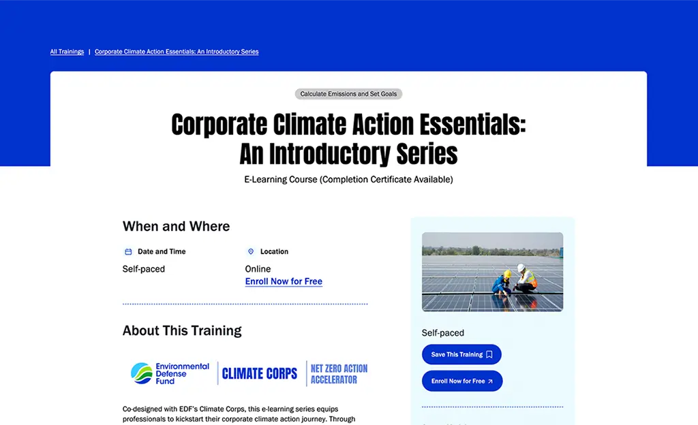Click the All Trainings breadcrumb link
coord(67,52)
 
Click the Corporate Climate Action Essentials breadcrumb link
coord(177,52)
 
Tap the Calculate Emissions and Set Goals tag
coord(348,94)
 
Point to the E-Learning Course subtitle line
coord(348,180)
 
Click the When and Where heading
coord(176,227)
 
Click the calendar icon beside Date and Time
coord(127,251)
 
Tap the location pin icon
coord(250,251)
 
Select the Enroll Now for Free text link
coord(284,281)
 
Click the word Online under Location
coord(258,269)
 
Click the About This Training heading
coord(182,331)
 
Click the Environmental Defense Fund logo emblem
coord(142,373)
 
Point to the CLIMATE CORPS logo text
coord(260,373)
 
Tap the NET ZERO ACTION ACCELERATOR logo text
coord(339,373)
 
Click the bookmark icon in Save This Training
coord(489,355)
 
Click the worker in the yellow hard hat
coord(502,282)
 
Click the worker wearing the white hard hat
coord(524,278)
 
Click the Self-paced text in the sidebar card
coord(443,333)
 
